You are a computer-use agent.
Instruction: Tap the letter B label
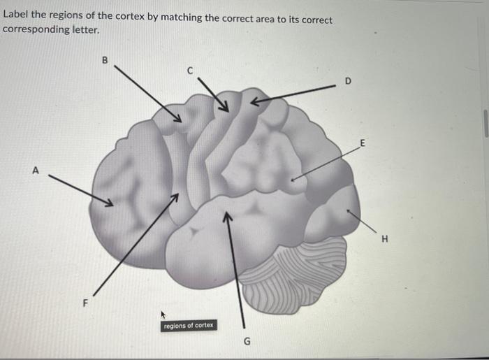105,60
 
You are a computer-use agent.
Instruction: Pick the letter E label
362,143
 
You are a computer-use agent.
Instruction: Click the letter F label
86,303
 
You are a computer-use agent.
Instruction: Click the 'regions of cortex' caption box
189,326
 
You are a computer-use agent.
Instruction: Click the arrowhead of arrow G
226,217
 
